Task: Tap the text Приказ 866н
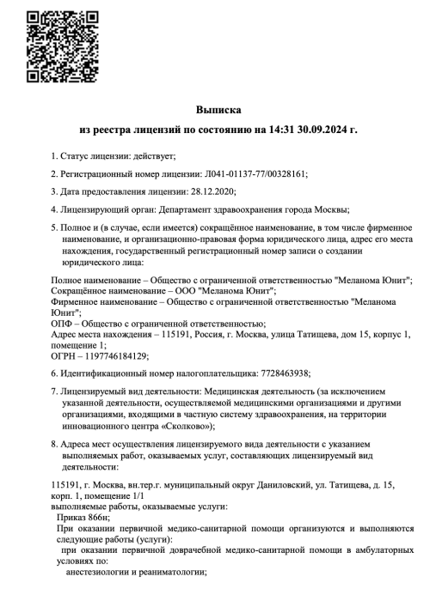[86, 519]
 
